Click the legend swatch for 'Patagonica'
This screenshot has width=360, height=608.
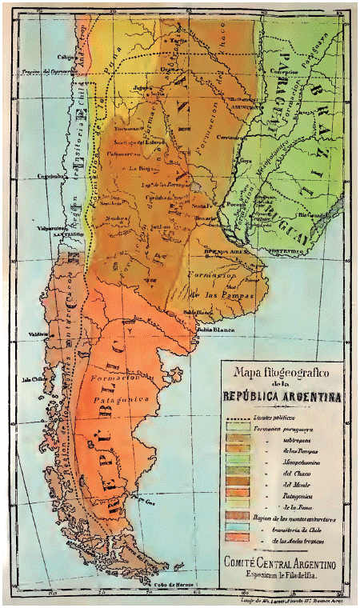click(x=237, y=495)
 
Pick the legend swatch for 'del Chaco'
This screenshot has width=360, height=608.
click(x=237, y=470)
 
